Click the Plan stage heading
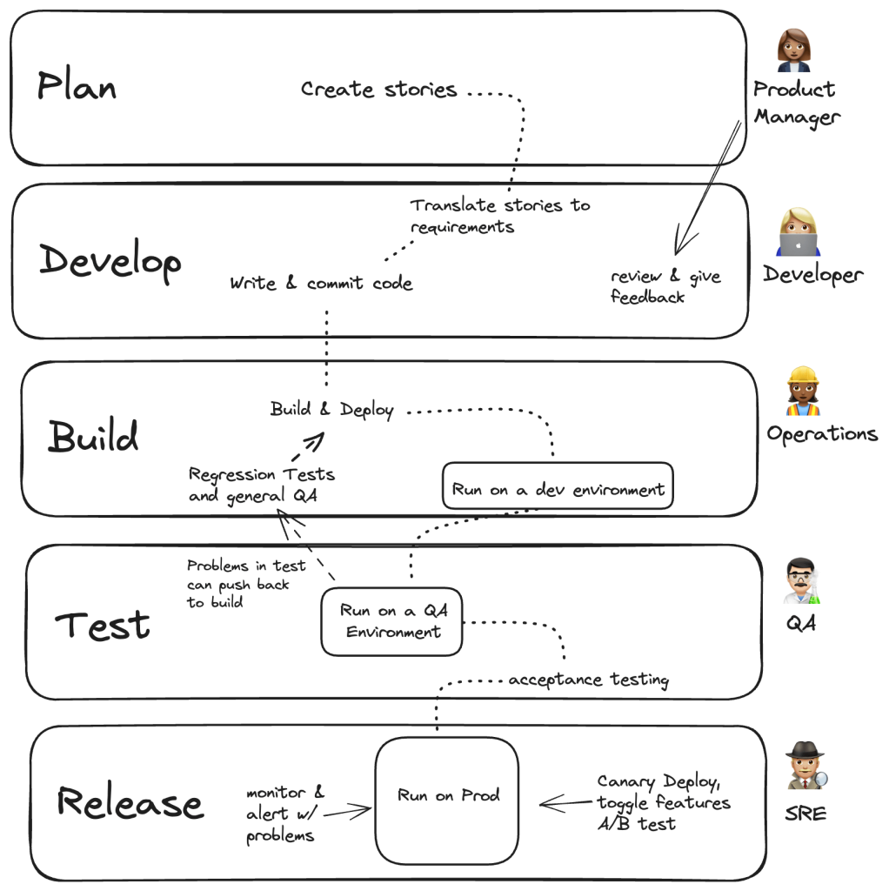(77, 86)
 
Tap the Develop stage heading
(110, 262)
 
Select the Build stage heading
(92, 436)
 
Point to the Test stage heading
(103, 626)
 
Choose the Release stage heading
(130, 801)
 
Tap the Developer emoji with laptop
(799, 233)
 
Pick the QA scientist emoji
(802, 581)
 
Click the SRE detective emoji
(805, 767)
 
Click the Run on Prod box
(447, 795)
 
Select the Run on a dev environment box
(558, 489)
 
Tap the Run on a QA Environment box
(392, 621)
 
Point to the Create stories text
(378, 90)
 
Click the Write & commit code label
(321, 284)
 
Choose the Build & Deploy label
(331, 410)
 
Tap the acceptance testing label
(588, 680)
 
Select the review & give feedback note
(665, 286)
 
